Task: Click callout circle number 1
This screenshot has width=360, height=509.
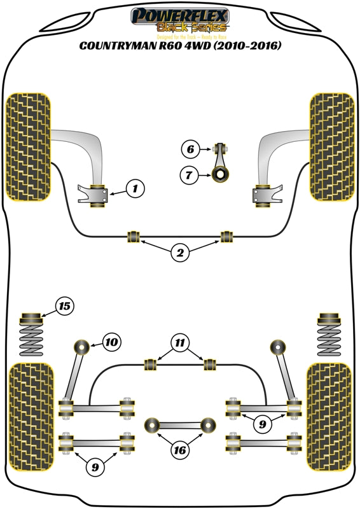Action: coord(135,188)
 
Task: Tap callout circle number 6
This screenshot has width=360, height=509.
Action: coord(189,150)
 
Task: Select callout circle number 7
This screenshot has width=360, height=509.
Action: coord(189,174)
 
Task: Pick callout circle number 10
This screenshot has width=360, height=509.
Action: coord(110,342)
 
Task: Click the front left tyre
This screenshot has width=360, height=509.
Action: coord(28,147)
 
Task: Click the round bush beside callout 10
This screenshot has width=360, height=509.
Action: coord(81,347)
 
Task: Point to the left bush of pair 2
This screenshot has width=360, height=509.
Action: coord(134,237)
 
